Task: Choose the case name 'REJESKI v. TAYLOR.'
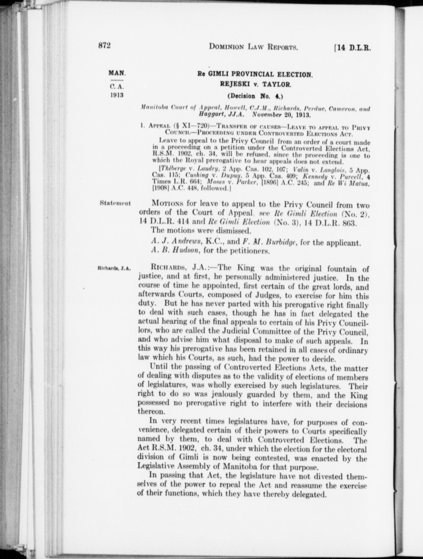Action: coord(256,85)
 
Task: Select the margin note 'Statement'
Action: coord(115,203)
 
